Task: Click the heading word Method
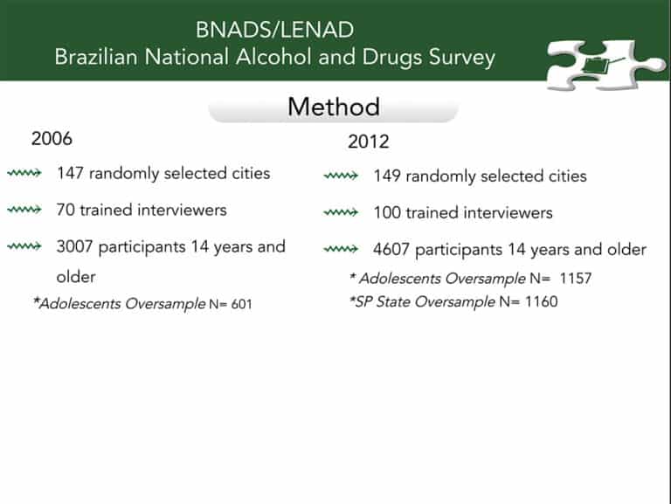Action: [334, 107]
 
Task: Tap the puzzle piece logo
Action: [606, 65]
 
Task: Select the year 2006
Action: [52, 139]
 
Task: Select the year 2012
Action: [369, 142]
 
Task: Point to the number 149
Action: [387, 176]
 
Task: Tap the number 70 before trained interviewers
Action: [66, 210]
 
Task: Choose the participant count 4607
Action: [391, 250]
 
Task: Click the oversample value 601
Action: [241, 304]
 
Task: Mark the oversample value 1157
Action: [576, 279]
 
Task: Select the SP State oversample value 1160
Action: [542, 301]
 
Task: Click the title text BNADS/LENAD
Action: [274, 30]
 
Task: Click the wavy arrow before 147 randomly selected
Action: [24, 173]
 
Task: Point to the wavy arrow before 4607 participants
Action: [341, 249]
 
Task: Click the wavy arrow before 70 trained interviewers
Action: [24, 210]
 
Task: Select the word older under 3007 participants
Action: [76, 277]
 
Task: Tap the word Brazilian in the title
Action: [96, 58]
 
